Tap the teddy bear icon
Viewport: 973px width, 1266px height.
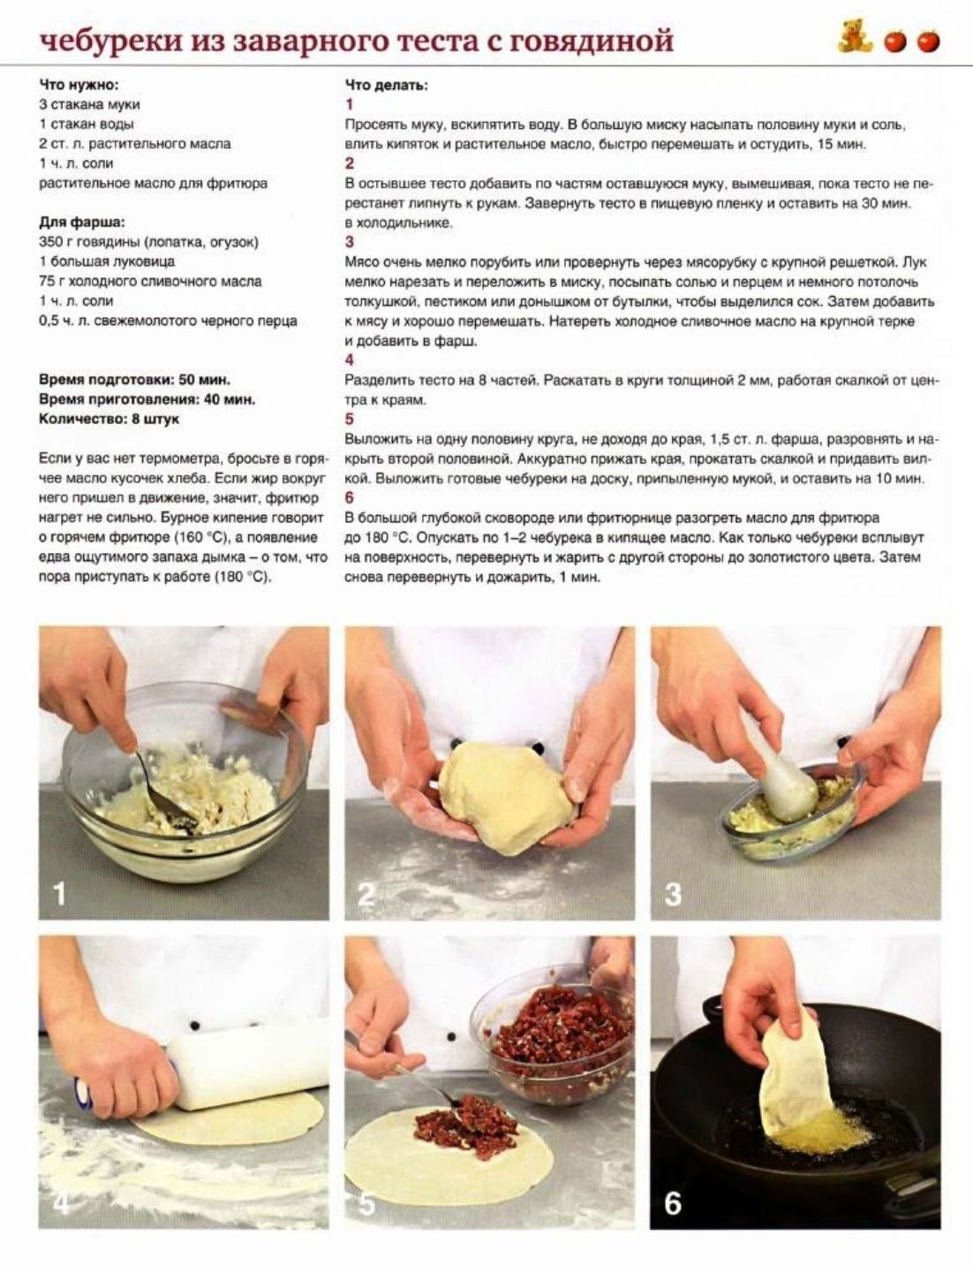854,37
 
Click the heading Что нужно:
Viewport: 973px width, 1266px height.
79,85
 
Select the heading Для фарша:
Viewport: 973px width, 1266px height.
82,223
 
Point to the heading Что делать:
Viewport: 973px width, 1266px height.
387,86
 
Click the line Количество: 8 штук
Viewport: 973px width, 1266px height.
109,419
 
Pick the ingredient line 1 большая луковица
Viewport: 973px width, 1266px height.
107,262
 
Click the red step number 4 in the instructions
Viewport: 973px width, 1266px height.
350,360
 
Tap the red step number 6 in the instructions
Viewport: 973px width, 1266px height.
350,497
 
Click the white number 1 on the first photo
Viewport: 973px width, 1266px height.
59,893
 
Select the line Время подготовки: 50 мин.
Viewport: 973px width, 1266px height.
134,380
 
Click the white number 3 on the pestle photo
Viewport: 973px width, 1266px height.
673,894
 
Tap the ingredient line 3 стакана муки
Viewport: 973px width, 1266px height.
90,105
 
